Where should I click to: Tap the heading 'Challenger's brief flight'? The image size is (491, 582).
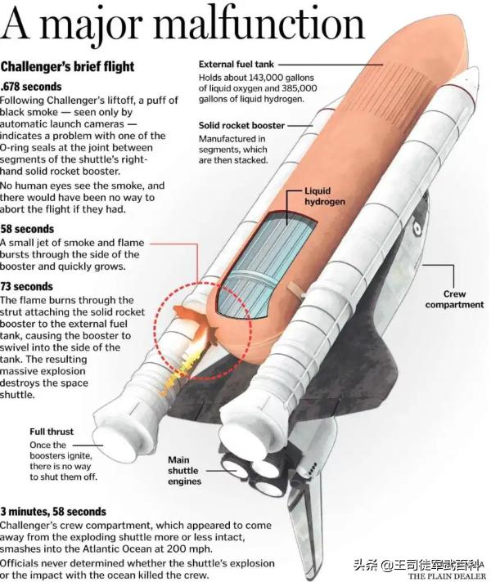click(x=67, y=67)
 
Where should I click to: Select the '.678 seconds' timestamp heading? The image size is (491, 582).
click(x=31, y=87)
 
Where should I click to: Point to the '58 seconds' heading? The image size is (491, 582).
click(x=27, y=229)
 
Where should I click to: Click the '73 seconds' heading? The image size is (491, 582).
click(x=27, y=287)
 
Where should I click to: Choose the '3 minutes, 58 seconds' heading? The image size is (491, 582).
click(x=53, y=512)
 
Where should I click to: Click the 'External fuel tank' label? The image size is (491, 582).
click(x=236, y=65)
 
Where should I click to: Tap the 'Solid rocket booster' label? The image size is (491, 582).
click(x=241, y=125)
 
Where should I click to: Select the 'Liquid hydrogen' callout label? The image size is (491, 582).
click(x=325, y=196)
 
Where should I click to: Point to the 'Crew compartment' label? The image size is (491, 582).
click(x=454, y=299)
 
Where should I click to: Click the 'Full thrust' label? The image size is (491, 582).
click(x=52, y=432)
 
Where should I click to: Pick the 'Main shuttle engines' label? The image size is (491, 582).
click(x=184, y=471)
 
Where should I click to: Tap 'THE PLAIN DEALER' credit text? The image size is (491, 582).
click(x=447, y=576)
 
